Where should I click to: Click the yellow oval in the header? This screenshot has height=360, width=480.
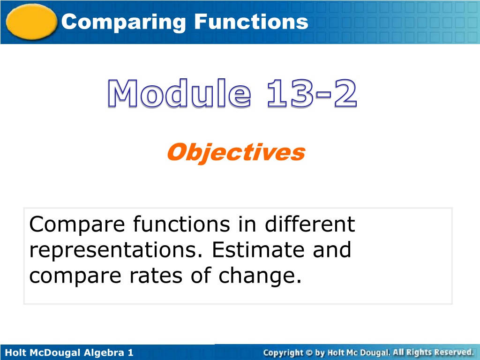(x=31, y=22)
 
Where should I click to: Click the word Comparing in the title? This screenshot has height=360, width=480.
(x=124, y=22)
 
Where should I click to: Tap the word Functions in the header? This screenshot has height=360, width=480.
(x=251, y=22)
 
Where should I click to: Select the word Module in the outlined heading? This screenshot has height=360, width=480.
(x=180, y=93)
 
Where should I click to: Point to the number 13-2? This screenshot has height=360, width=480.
(x=312, y=93)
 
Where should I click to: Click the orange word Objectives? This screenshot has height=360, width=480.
(x=236, y=153)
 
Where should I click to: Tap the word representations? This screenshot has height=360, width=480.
(x=116, y=251)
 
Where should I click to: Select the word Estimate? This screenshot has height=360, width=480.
(x=258, y=250)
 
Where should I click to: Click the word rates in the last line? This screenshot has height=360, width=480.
(x=156, y=276)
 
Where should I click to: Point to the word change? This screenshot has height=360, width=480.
(x=260, y=277)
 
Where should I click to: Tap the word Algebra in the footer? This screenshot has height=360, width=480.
(x=104, y=352)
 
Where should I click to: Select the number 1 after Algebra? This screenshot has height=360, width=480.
(x=131, y=352)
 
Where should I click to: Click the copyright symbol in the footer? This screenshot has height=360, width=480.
(x=309, y=353)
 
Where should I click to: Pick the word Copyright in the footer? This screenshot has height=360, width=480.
(x=283, y=353)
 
